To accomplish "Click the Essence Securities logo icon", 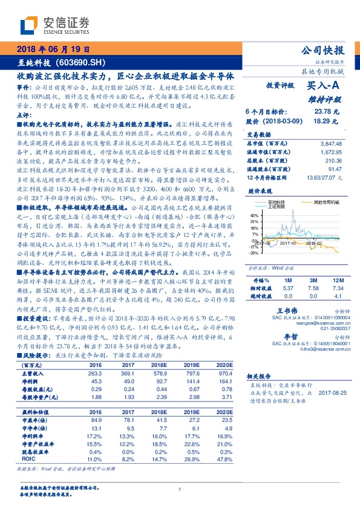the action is [x=29, y=25].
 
